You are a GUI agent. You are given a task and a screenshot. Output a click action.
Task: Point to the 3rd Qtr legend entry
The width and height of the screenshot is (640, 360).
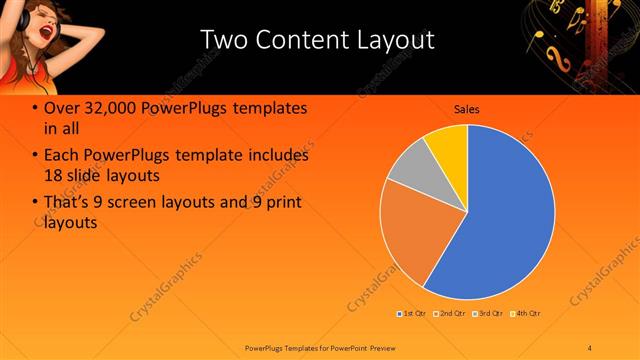click(x=490, y=314)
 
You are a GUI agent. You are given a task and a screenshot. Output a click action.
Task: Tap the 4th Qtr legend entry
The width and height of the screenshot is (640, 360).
click(x=527, y=314)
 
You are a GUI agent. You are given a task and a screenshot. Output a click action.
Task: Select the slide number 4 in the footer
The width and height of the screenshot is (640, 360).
click(x=590, y=347)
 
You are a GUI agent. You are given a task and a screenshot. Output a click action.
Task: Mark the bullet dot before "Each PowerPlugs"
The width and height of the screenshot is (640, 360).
click(x=35, y=156)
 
